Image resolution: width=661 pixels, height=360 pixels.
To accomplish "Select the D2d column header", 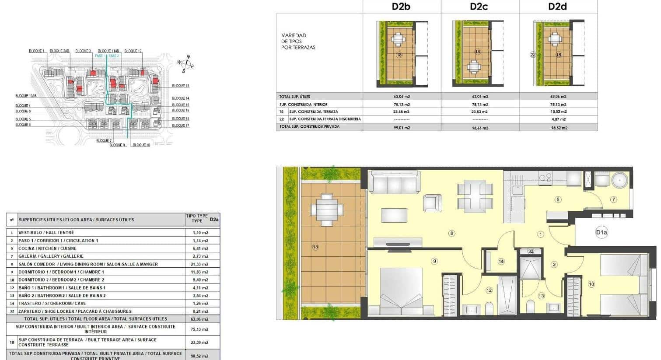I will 557,7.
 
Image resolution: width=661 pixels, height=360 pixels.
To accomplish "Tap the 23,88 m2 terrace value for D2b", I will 402,112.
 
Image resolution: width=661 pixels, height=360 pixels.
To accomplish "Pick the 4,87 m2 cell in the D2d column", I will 558,119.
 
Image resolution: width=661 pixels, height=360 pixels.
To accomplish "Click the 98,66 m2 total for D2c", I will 480,128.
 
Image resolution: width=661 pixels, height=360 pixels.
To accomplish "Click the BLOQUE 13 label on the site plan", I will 181,86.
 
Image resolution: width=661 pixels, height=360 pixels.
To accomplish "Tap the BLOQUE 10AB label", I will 26,96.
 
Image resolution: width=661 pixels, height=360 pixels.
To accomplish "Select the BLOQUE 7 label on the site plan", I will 104,141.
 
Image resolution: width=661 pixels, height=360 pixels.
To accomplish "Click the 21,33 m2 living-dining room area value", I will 200,264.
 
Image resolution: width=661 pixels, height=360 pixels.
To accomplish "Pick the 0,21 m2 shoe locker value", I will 200,311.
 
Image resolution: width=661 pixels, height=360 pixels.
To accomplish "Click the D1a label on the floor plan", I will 602,233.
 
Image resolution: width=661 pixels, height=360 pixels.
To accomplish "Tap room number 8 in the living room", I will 452,233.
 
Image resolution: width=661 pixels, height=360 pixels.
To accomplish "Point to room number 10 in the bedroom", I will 591,284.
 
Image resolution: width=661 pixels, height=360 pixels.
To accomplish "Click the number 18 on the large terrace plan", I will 315,247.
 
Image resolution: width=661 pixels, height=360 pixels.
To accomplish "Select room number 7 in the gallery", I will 613,199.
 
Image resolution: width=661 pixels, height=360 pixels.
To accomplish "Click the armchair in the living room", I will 432,202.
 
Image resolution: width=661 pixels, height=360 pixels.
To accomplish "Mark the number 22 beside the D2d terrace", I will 532,55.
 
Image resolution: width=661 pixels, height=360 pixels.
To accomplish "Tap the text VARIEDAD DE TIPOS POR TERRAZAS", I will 298,41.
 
